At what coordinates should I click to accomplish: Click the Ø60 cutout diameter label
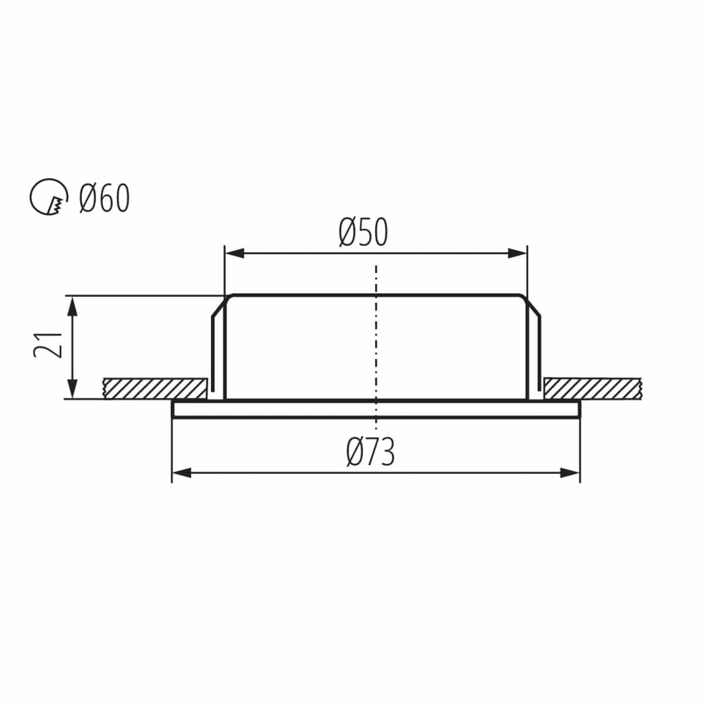click(105, 198)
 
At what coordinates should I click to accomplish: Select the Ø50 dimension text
click(363, 232)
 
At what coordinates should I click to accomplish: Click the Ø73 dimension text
click(370, 452)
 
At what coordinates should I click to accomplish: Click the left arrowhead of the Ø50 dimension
click(234, 254)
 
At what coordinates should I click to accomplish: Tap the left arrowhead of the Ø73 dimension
click(182, 473)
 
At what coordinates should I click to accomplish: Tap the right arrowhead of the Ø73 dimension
click(569, 473)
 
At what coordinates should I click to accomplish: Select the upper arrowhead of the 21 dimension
click(72, 306)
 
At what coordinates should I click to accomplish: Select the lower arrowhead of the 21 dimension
click(72, 388)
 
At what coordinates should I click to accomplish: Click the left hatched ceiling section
click(155, 388)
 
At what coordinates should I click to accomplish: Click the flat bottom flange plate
click(376, 408)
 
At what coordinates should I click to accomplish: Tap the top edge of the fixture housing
click(376, 295)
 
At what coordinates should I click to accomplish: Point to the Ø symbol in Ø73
click(355, 452)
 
